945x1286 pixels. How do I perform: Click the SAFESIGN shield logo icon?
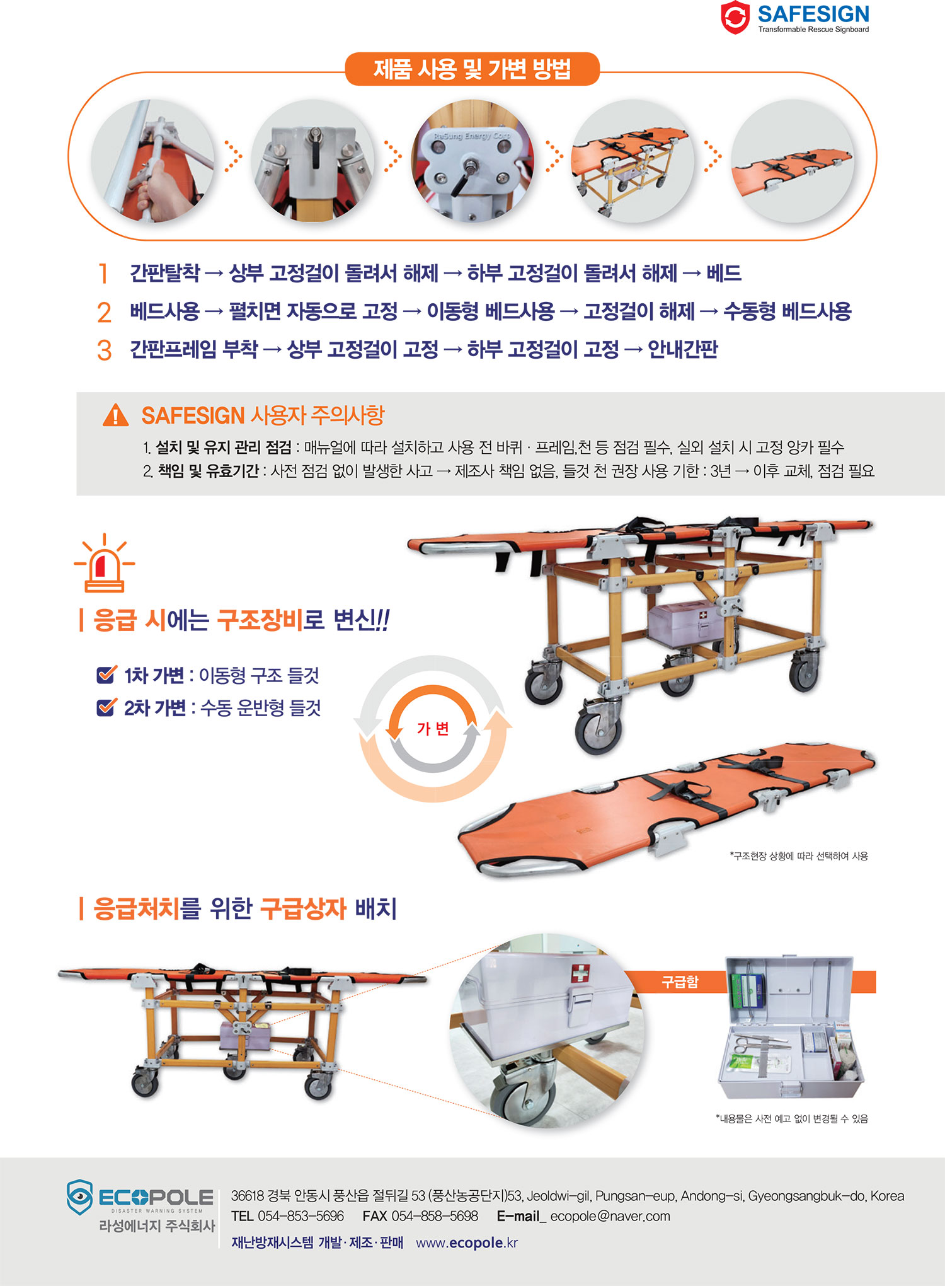(735, 17)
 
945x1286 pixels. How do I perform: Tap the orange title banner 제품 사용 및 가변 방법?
(472, 69)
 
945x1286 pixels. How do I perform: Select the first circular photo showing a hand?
(152, 161)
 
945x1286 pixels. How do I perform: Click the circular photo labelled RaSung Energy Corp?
(472, 161)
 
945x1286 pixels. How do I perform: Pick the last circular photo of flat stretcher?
(793, 161)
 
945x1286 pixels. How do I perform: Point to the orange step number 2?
(104, 313)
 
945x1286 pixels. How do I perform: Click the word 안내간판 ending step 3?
(683, 349)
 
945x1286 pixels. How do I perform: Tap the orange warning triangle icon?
(115, 415)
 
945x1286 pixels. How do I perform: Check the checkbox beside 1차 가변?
(106, 675)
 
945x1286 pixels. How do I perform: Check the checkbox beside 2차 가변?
(106, 707)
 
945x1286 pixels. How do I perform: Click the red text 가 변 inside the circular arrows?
(433, 729)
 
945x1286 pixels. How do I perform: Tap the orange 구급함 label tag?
(680, 982)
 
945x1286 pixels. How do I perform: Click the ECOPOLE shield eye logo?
(80, 1196)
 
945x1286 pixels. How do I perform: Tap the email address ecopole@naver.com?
(610, 1216)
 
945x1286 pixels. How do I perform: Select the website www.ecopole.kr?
(467, 1243)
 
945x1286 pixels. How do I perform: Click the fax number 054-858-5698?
(435, 1216)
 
